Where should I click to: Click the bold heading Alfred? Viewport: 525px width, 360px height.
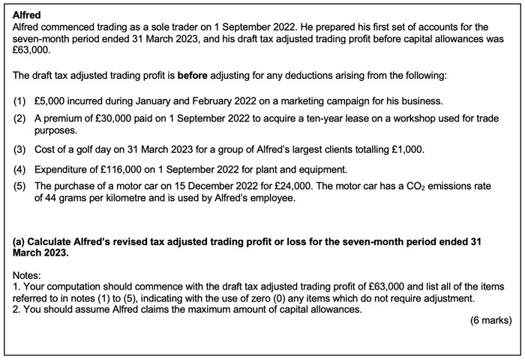(x=27, y=15)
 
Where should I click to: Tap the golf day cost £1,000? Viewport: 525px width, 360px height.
(x=406, y=149)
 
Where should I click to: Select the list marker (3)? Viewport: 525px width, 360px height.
(x=19, y=149)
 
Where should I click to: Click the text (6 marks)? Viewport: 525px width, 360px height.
(x=490, y=320)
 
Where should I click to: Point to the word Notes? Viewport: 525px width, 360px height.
(x=28, y=275)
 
